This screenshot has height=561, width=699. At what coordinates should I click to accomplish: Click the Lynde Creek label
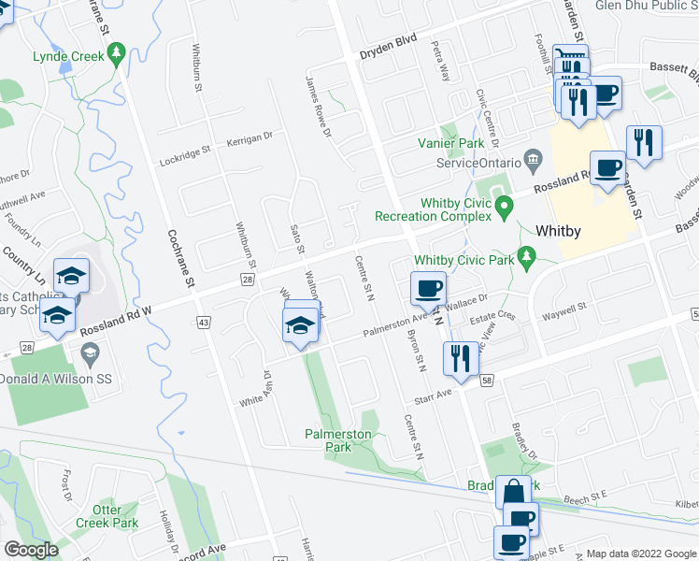point(68,56)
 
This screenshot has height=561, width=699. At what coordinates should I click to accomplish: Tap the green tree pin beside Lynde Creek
point(117,56)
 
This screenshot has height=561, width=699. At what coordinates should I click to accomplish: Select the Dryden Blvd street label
point(388,54)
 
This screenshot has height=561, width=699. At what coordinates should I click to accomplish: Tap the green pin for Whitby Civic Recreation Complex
point(505,206)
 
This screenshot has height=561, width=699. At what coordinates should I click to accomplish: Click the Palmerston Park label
point(337,440)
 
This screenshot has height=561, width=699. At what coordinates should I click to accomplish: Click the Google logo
point(31,550)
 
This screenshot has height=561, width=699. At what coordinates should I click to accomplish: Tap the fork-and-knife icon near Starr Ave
point(461,358)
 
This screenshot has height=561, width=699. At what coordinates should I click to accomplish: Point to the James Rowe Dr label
point(319,108)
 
